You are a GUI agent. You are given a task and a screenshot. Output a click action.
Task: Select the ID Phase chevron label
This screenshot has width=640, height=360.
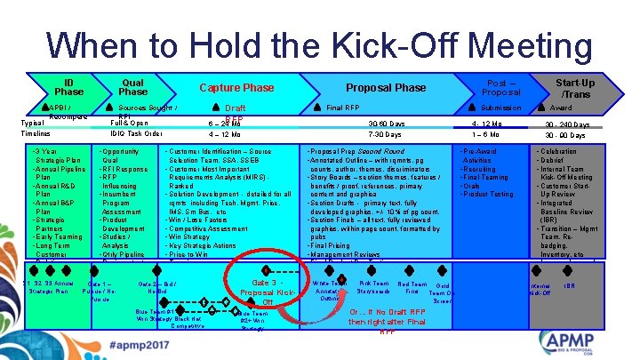point(68,85)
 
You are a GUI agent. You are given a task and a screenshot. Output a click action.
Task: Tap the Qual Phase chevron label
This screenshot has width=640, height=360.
point(132,85)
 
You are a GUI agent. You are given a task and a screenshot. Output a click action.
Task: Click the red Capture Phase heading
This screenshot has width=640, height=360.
point(236,87)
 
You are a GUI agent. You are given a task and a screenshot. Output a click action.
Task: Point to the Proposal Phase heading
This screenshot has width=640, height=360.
point(386,87)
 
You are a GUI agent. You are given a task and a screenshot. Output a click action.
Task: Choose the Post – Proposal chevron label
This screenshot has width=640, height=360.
point(494,86)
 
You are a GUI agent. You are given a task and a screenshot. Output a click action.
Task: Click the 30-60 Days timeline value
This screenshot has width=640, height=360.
point(387,124)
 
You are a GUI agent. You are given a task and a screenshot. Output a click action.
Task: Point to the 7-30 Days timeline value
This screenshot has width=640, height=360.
point(387,135)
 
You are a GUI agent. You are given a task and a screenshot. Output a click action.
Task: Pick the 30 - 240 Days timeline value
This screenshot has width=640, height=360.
point(566,124)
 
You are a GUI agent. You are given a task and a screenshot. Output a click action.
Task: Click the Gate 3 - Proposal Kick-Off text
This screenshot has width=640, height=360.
point(266,292)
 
